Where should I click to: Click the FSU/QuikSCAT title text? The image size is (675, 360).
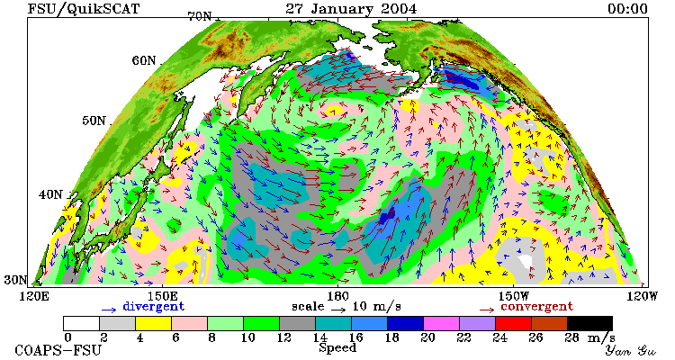click(84, 9)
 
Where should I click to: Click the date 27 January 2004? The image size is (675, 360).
click(351, 9)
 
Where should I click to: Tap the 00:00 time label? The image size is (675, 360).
click(627, 9)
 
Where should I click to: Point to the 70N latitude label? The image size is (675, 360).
click(199, 16)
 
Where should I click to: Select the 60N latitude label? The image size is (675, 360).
click(144, 60)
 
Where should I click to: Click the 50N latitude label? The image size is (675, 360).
click(94, 121)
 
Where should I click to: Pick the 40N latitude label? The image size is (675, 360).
click(50, 194)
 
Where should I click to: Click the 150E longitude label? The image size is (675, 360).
click(162, 296)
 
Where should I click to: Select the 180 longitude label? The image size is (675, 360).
click(337, 296)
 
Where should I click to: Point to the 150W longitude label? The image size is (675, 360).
click(514, 296)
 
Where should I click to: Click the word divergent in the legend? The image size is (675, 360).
click(153, 307)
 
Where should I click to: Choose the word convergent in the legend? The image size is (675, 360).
click(536, 307)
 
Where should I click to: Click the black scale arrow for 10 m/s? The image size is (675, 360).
click(337, 309)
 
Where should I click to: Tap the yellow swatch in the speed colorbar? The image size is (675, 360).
click(153, 323)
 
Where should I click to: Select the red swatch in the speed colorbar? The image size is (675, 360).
click(513, 323)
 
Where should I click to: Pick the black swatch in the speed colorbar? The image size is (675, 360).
click(589, 323)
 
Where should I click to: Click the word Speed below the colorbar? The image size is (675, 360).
click(337, 348)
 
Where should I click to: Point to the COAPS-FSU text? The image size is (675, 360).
click(58, 350)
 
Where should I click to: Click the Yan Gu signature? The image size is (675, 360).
click(630, 350)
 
